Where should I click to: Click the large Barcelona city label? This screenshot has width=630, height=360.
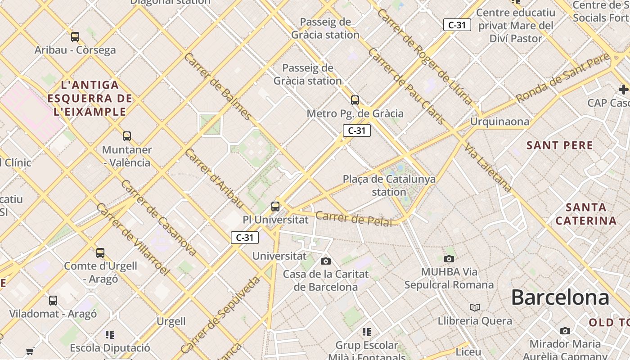point(560,297)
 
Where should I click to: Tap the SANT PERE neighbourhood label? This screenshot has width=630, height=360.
point(560,145)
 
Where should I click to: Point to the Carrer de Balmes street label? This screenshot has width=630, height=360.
point(218,86)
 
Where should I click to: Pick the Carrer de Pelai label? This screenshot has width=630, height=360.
point(353,218)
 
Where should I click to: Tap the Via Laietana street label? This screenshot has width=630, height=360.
point(488,168)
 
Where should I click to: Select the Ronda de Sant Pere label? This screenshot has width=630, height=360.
point(562,77)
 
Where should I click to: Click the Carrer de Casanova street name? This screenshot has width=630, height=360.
point(158,218)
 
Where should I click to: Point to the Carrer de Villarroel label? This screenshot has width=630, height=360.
point(132,239)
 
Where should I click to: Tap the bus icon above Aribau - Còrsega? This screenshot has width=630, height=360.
point(75,37)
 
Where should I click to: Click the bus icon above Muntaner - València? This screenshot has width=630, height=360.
point(127,136)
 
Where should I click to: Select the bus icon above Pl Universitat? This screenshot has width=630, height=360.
point(275,207)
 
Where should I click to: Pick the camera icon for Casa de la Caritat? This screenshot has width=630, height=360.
point(326,261)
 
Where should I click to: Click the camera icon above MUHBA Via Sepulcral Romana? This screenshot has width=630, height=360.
point(449,259)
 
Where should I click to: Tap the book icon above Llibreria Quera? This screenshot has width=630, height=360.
point(474,308)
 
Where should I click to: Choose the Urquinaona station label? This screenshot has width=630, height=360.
point(499,122)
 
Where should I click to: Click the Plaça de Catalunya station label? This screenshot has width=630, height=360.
point(389,185)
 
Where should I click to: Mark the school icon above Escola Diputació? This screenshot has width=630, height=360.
point(110,334)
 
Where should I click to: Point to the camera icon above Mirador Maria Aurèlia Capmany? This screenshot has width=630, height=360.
point(565,331)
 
